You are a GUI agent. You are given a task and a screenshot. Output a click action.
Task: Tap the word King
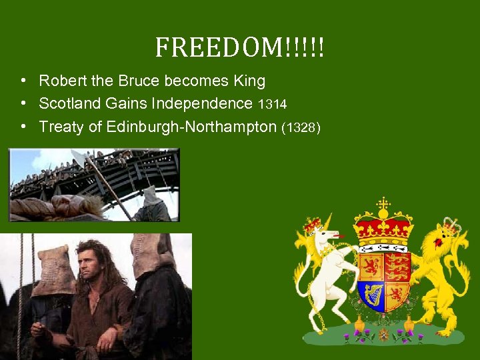[x=249, y=81]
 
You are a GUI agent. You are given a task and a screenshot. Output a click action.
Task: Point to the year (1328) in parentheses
[x=301, y=127]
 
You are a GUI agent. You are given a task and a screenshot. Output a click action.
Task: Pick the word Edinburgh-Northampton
[x=191, y=127]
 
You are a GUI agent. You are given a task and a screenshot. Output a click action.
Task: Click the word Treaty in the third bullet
[x=62, y=127]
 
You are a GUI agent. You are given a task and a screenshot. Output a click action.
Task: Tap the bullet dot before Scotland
[x=23, y=104]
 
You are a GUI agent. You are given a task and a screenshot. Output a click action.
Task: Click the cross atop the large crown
[x=383, y=203]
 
